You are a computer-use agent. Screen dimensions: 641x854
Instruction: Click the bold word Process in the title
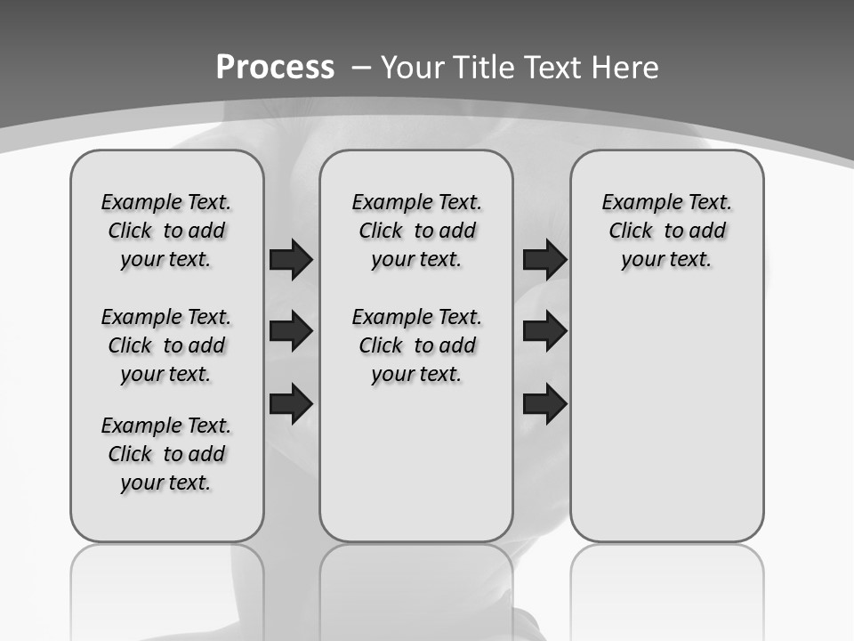(275, 67)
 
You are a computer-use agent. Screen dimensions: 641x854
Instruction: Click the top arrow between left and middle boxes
(291, 259)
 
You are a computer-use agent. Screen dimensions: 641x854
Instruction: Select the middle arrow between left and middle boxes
(291, 331)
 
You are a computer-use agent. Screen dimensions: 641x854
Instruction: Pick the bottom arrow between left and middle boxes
(291, 402)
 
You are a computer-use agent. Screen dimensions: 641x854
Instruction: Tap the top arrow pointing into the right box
(544, 259)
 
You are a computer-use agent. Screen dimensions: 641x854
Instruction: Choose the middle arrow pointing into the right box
(544, 331)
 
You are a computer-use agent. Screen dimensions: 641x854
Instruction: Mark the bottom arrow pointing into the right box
(544, 404)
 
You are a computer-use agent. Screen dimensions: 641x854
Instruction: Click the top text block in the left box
(166, 231)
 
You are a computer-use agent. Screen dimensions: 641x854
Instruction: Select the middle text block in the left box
(166, 345)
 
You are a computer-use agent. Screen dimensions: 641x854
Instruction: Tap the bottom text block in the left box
(166, 454)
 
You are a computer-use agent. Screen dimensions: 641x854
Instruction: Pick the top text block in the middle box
(416, 231)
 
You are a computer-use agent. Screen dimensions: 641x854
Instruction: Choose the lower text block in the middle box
(416, 345)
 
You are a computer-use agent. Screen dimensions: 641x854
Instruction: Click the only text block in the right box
(666, 231)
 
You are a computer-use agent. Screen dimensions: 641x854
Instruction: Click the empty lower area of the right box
(666, 418)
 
